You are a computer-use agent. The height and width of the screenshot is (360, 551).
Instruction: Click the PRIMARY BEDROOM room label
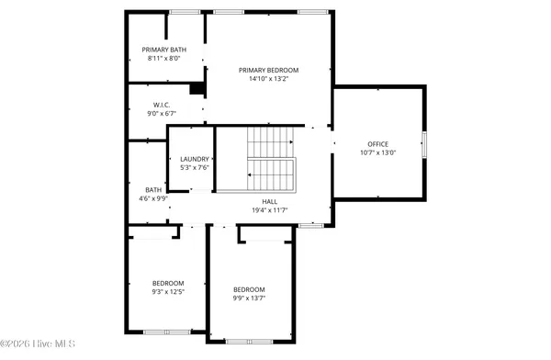tap(268, 70)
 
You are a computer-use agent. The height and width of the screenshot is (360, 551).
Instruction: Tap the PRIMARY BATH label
tap(163, 50)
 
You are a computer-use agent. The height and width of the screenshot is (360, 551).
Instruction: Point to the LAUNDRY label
tap(195, 159)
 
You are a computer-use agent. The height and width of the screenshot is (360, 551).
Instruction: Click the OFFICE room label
tap(378, 144)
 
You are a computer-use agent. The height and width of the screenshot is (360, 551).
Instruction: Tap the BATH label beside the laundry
tap(152, 190)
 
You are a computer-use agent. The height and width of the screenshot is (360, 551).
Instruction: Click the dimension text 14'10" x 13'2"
tap(268, 79)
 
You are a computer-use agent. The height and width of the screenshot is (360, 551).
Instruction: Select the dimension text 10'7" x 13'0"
tap(378, 153)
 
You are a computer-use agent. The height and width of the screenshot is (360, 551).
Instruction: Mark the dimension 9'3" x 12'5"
tap(168, 292)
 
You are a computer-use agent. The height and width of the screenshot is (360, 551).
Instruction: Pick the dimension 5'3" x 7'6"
tap(195, 168)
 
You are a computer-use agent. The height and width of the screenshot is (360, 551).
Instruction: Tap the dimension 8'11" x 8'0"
tap(163, 59)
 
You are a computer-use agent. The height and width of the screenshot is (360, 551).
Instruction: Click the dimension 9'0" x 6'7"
tap(163, 112)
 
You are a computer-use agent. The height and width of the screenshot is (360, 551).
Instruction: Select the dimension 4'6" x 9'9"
tap(152, 199)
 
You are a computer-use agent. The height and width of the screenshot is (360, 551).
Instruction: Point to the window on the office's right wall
tap(424, 145)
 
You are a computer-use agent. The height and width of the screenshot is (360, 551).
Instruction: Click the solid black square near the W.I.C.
tap(195, 89)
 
